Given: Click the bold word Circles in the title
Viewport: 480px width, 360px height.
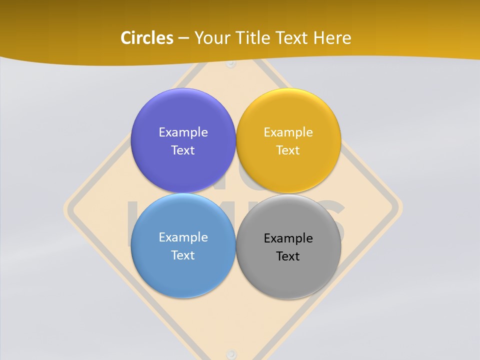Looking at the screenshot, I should tap(146, 38).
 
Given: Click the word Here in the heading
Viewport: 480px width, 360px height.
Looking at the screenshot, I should tap(332, 38).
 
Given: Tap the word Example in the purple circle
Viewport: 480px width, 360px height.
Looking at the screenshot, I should tap(183, 132).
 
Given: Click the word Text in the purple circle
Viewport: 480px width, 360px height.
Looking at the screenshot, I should tap(183, 150).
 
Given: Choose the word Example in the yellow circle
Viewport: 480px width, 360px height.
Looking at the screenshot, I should tap(288, 132).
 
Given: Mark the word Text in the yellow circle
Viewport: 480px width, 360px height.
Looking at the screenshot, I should tap(288, 150).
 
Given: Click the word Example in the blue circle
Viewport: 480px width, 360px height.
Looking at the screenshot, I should tap(183, 237).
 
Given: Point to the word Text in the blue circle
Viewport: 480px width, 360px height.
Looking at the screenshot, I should tap(183, 255).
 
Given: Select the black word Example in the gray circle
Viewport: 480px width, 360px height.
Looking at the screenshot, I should tap(288, 238).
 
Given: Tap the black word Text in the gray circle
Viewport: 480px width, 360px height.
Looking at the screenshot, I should tap(288, 256).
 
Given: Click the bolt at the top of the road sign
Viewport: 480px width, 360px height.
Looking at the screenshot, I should tap(230, 64).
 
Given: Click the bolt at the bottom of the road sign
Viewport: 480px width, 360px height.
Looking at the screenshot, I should tap(230, 352).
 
